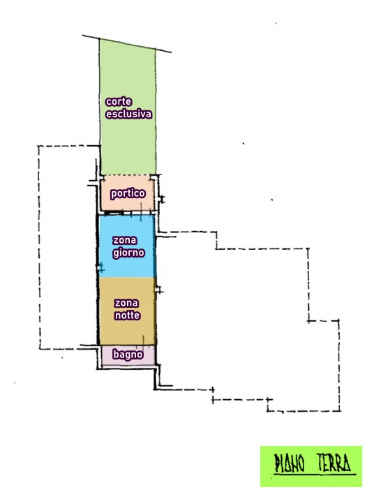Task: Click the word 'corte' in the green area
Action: tap(119, 101)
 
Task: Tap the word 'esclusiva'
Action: tap(129, 114)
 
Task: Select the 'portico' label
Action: tap(128, 193)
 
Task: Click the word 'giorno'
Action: tap(129, 253)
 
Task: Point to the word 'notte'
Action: tap(128, 315)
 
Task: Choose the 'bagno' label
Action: tap(128, 355)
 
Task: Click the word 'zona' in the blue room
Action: tap(125, 240)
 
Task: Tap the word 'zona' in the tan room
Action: tap(126, 303)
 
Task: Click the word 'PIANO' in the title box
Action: tap(290, 463)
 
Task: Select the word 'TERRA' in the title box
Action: tap(334, 462)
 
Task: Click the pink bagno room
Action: tap(128, 355)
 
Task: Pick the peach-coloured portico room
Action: tap(127, 193)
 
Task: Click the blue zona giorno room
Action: tap(127, 246)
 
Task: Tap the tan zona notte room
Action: tap(127, 311)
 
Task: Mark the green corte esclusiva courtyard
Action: tap(128, 108)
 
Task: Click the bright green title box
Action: tap(311, 466)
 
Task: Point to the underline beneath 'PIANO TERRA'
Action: tap(315, 475)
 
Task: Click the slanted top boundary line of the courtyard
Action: tap(126, 43)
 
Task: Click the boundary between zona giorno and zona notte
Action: tap(127, 277)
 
